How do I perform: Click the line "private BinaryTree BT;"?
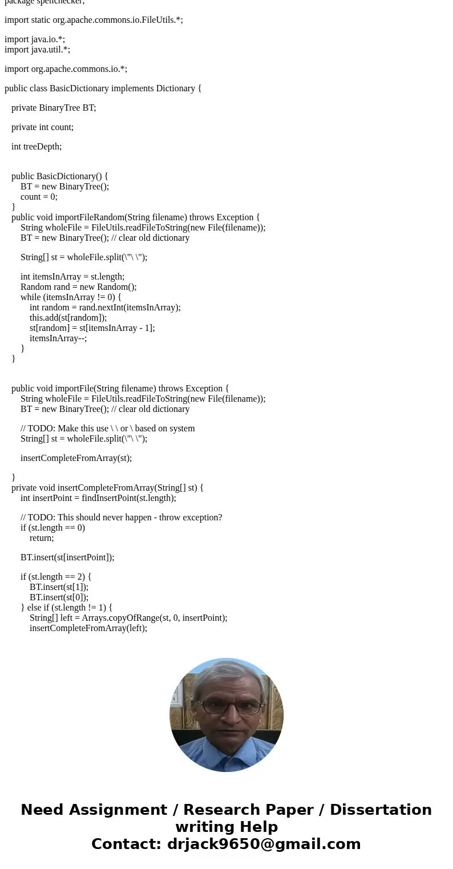[54, 108]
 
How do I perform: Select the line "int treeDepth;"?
[37, 147]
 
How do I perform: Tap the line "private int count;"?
[42, 127]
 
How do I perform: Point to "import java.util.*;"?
[37, 50]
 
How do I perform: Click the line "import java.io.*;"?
[35, 39]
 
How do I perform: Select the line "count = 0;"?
[39, 197]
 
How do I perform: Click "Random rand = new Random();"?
[79, 287]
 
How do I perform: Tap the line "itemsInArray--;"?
[58, 338]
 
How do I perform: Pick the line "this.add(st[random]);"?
[68, 318]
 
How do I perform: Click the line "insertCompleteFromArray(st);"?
[76, 458]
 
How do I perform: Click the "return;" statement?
[42, 538]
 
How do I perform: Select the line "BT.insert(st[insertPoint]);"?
[67, 557]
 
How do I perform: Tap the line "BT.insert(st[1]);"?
[59, 587]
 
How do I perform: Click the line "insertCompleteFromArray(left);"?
[88, 628]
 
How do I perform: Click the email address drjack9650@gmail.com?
[264, 844]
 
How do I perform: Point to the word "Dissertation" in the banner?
[381, 810]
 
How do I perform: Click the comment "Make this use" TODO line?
[108, 429]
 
